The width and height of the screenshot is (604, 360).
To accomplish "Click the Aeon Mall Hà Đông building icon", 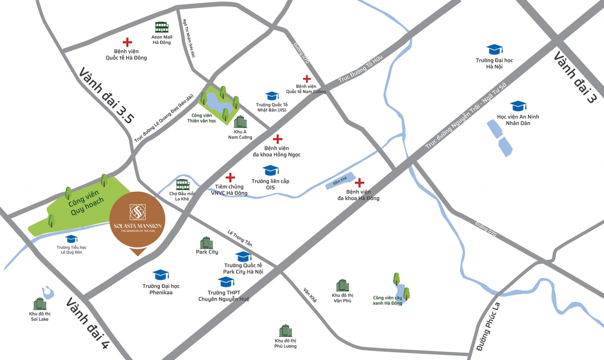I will pyautogui.click(x=162, y=27).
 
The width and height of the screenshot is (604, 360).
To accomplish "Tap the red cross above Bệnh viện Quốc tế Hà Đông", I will pyautogui.click(x=127, y=42).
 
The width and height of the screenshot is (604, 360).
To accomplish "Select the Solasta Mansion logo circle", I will pyautogui.click(x=137, y=219).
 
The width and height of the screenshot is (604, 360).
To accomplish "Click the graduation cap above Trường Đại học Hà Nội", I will pyautogui.click(x=494, y=49).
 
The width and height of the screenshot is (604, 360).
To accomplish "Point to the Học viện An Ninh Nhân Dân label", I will pyautogui.click(x=518, y=120).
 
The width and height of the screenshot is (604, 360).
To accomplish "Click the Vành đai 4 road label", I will pyautogui.click(x=88, y=323).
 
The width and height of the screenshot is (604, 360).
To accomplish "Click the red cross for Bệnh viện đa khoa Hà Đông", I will pyautogui.click(x=359, y=183).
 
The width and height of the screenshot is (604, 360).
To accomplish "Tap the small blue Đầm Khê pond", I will pyautogui.click(x=341, y=181).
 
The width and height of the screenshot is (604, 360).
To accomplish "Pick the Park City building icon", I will pyautogui.click(x=206, y=243).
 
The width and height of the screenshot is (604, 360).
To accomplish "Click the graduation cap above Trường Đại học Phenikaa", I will pyautogui.click(x=160, y=275).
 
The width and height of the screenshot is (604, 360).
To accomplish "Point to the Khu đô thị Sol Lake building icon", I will pyautogui.click(x=40, y=304).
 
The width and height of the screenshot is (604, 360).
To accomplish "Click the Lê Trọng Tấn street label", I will pyautogui.click(x=240, y=238).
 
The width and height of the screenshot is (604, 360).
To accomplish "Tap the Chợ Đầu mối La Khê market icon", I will pyautogui.click(x=183, y=184).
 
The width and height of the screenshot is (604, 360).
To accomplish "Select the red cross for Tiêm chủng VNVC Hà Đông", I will pyautogui.click(x=230, y=177).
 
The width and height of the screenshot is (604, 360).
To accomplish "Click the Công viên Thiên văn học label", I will pyautogui.click(x=202, y=118).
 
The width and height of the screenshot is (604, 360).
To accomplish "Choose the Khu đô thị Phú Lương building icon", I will pyautogui.click(x=285, y=331).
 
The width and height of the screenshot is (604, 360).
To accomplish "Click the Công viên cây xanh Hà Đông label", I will pyautogui.click(x=387, y=300).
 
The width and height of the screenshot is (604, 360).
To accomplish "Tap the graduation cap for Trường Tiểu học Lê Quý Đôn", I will pyautogui.click(x=71, y=239).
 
